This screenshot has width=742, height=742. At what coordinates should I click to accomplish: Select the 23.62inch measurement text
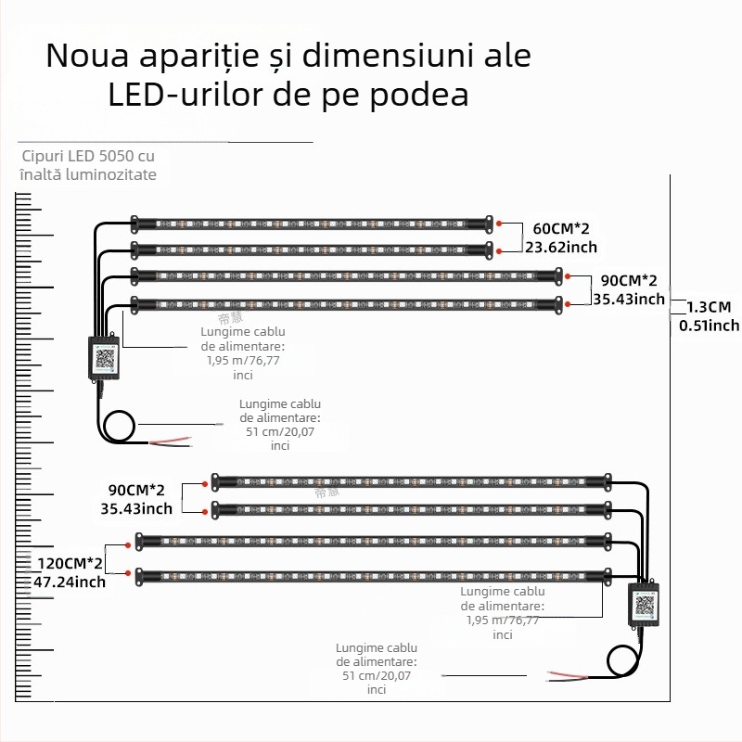click(x=560, y=247)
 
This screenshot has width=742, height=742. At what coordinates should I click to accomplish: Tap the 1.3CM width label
click(x=709, y=307)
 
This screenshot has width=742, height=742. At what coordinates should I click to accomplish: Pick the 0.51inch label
click(x=709, y=325)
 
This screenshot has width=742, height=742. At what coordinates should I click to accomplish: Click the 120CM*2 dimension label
click(x=67, y=564)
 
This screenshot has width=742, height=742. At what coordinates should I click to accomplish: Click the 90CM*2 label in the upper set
click(x=630, y=280)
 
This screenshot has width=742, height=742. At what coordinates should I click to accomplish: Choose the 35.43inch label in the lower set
click(x=136, y=508)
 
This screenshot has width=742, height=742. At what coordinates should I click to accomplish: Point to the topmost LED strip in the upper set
click(x=311, y=224)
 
